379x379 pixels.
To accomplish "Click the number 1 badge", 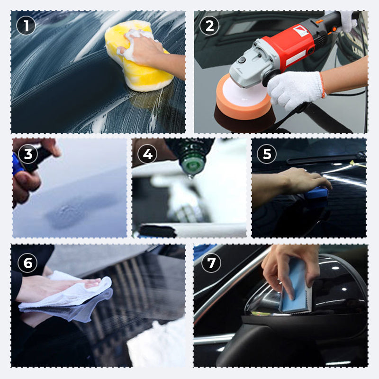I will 26,25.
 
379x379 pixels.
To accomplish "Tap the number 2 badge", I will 209,25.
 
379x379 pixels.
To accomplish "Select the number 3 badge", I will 28,154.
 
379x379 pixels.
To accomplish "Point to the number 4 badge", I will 147,154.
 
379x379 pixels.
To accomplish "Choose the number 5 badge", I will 267,154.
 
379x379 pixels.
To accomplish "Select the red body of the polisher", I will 294,45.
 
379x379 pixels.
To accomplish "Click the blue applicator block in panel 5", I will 316,193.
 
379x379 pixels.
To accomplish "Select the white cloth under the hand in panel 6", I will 71,296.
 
